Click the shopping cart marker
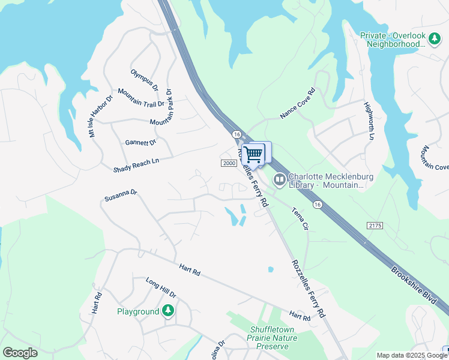255,154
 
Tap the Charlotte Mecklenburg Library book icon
279,179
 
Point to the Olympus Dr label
145,80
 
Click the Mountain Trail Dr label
141,97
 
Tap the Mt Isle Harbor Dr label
101,116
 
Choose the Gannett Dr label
140,142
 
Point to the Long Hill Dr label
161,287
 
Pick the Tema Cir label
300,220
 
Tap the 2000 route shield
229,163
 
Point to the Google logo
20,353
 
